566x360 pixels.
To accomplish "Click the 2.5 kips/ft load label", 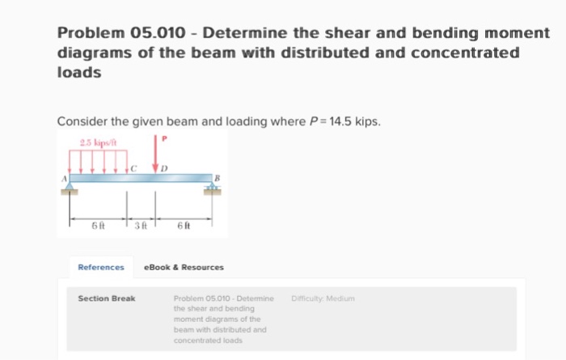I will pyautogui.click(x=96, y=143).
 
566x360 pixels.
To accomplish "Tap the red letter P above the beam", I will pyautogui.click(x=165, y=139).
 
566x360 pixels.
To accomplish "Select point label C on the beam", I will pyautogui.click(x=136, y=167).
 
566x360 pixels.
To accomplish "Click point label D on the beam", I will pyautogui.click(x=164, y=167).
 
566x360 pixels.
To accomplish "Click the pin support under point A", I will pyautogui.click(x=71, y=189).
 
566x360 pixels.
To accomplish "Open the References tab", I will pyautogui.click(x=101, y=267).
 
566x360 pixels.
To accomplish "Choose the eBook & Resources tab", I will pyautogui.click(x=184, y=267).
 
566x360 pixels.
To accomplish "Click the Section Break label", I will pyautogui.click(x=107, y=299).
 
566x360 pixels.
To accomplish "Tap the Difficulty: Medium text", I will pyautogui.click(x=323, y=299).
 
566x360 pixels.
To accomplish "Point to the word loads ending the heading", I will pyautogui.click(x=79, y=72).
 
